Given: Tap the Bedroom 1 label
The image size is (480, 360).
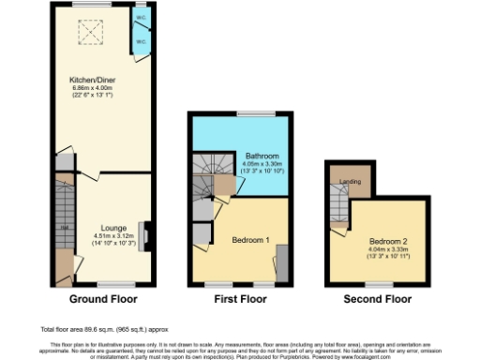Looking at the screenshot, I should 250,240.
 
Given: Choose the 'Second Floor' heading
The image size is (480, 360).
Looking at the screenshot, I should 375,300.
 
